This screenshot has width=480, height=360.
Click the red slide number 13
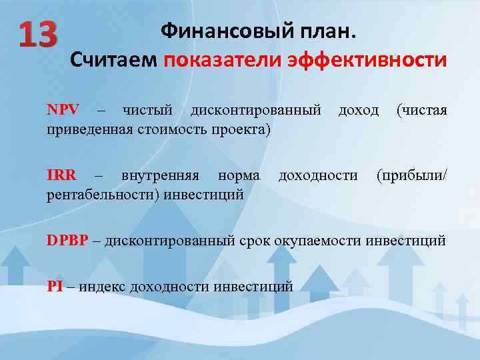(39, 34)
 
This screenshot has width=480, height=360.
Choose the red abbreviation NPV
(63, 109)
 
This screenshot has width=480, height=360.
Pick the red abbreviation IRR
(61, 175)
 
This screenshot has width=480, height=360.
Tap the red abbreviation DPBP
(67, 241)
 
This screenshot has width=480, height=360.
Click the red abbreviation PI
(55, 287)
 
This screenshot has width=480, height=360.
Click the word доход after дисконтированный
(359, 109)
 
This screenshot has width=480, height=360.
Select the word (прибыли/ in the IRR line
(411, 175)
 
